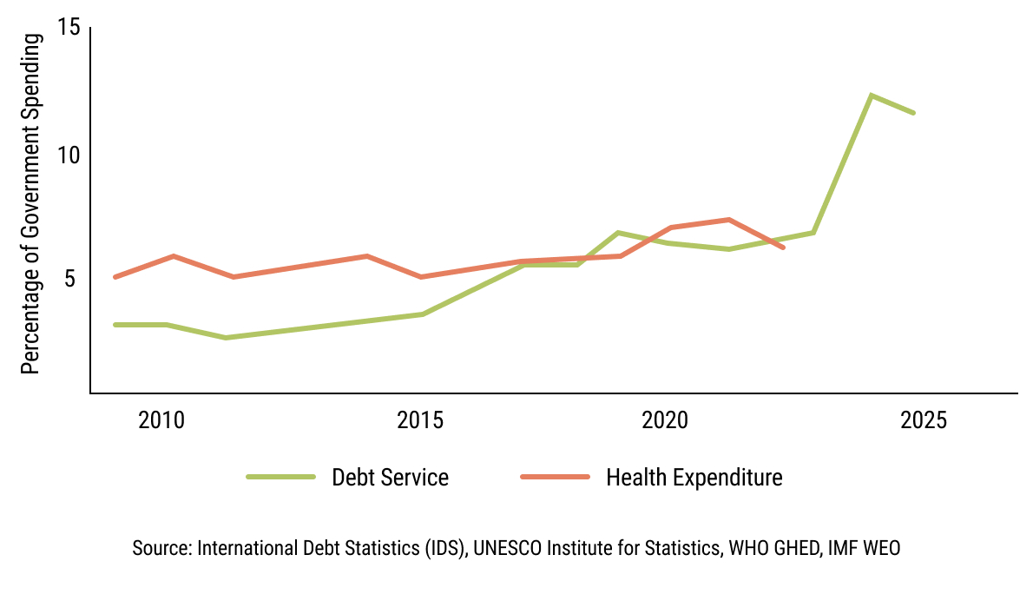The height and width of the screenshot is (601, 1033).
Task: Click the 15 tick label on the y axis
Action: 69,28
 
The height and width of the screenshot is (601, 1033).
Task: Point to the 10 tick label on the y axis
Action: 69,155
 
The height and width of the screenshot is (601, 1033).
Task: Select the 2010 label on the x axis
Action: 161,421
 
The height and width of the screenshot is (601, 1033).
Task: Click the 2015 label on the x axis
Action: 421,421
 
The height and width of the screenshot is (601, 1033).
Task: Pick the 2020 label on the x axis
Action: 664,421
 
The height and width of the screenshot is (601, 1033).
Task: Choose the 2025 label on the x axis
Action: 924,421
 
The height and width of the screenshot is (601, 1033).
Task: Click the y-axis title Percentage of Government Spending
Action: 31,204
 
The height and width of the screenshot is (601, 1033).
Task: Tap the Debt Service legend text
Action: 391,478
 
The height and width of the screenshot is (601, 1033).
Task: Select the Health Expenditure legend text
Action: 694,478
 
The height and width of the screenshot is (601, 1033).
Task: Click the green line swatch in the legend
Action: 280,477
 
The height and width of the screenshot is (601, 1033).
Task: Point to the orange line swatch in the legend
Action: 555,477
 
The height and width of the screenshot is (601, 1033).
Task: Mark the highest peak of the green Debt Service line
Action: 871,95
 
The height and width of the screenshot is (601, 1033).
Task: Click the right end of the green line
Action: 913,113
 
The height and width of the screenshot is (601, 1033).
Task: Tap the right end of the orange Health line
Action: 783,248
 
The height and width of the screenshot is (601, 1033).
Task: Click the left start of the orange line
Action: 115,277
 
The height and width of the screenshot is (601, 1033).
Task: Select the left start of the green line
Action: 115,325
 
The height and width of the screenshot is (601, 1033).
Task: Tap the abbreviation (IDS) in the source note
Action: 444,549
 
